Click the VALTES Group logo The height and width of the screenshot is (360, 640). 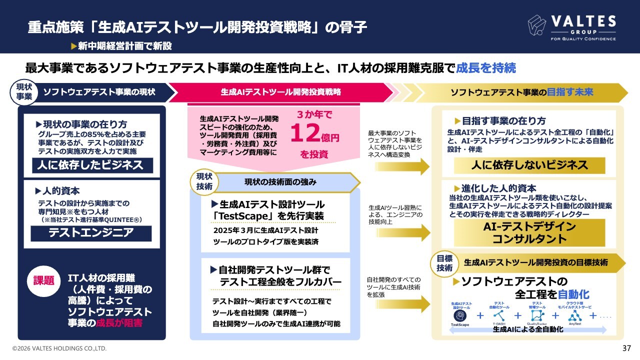(x=571, y=27)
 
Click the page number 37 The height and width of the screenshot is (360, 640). (x=626, y=348)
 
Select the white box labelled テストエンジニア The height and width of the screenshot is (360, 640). (x=91, y=233)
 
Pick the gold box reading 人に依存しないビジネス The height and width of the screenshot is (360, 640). (x=529, y=165)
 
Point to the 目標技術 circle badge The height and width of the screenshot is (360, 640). (x=444, y=263)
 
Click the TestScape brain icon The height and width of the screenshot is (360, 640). (x=459, y=316)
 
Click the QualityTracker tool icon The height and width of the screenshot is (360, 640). (x=536, y=315)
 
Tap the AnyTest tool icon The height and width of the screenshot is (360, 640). (x=574, y=315)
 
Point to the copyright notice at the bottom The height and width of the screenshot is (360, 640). (x=59, y=348)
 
